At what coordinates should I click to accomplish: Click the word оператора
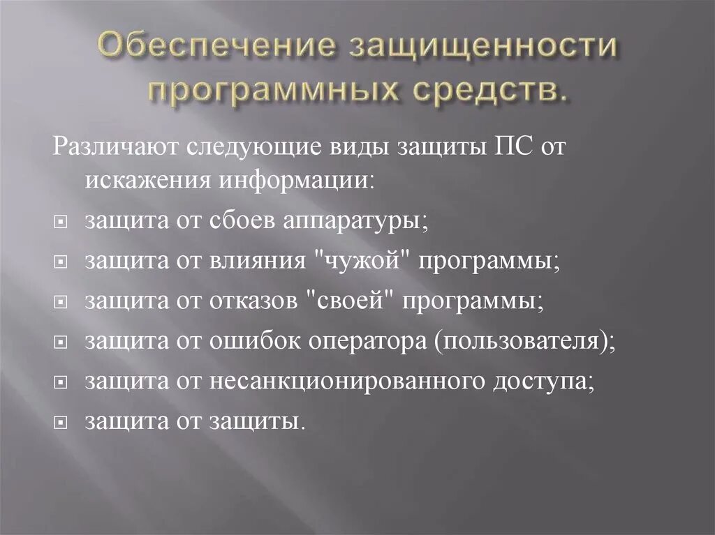click(361, 341)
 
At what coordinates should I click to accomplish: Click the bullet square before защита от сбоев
click(61, 222)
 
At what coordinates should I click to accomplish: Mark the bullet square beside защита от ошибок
click(61, 342)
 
